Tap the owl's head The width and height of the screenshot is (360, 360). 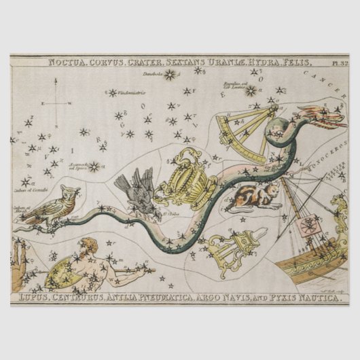(69, 194)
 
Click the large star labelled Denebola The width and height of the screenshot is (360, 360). (168, 75)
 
